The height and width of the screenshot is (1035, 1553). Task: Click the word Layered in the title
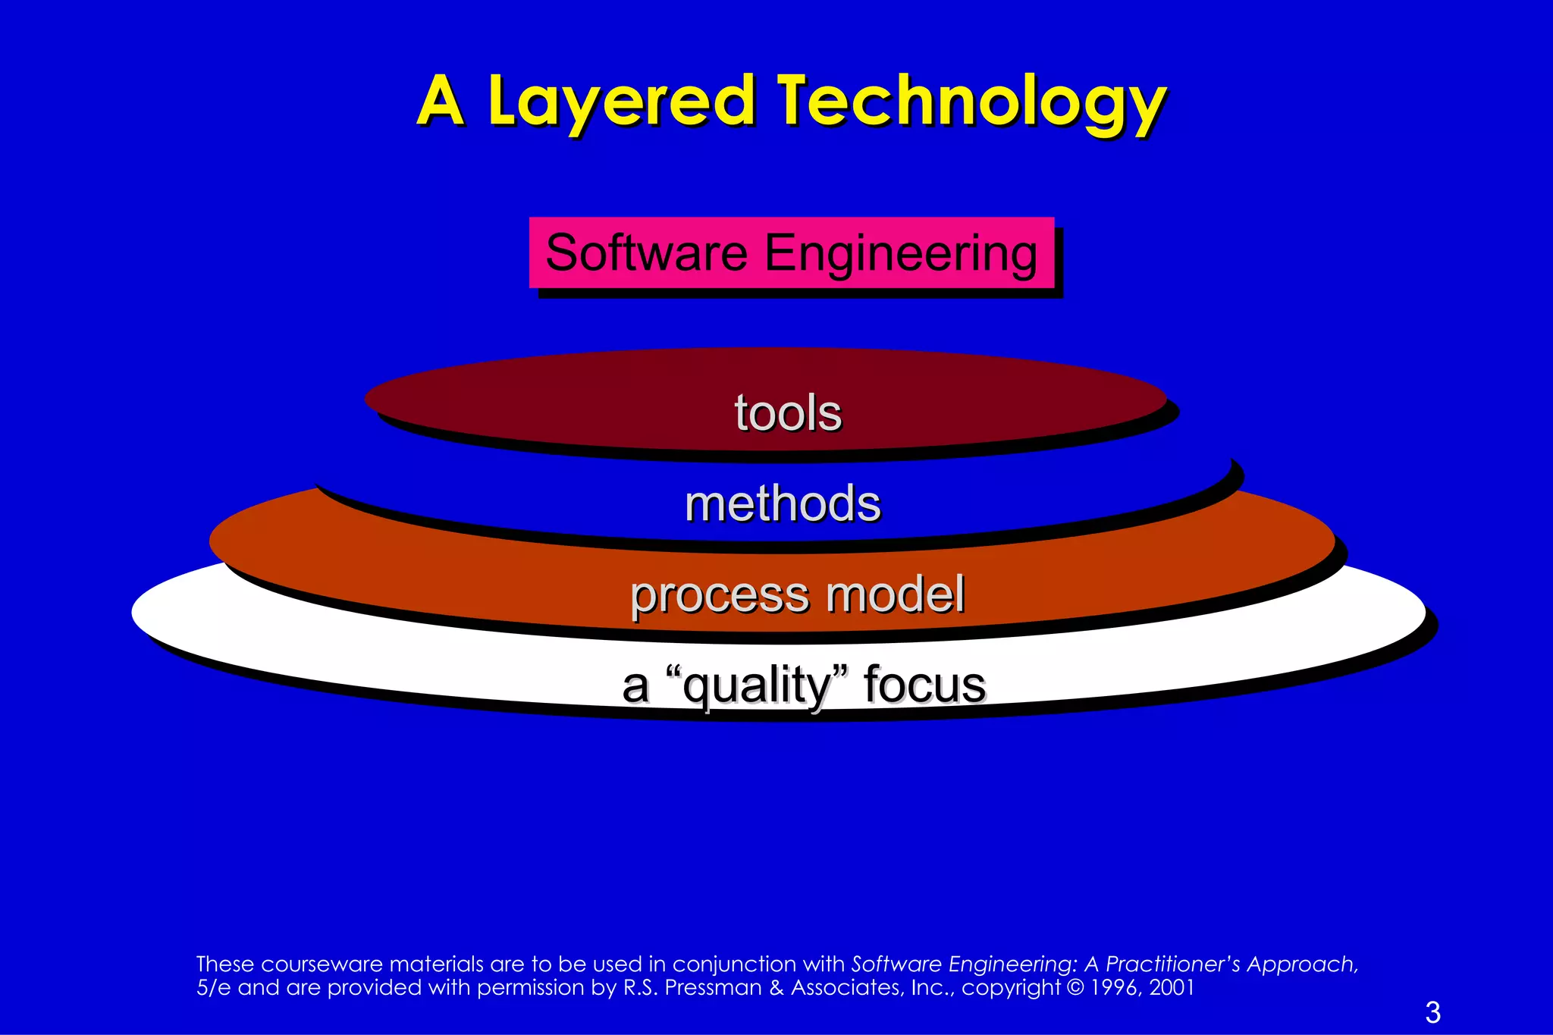tap(621, 102)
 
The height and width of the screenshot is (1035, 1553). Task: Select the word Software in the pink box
tap(646, 252)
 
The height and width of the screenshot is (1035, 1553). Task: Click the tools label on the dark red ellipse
tap(788, 413)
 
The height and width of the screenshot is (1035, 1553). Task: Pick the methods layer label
tap(783, 503)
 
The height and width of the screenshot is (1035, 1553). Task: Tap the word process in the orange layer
tap(720, 595)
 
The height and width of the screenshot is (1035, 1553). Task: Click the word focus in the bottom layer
tap(924, 685)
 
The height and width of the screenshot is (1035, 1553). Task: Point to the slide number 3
tap(1432, 1012)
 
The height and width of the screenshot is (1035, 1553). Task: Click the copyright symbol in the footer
tap(1075, 987)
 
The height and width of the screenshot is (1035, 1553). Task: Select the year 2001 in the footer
tap(1172, 987)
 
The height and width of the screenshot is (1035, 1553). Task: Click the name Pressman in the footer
tap(713, 987)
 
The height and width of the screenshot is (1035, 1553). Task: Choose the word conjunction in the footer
tap(736, 964)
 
